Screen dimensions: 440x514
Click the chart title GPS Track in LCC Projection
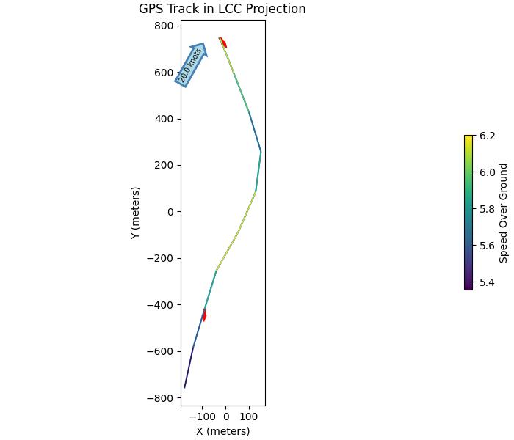(222, 10)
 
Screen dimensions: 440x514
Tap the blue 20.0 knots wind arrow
(191, 64)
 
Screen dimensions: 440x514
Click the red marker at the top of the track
(223, 43)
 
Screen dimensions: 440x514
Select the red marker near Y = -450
(204, 315)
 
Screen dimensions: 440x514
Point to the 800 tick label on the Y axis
(164, 26)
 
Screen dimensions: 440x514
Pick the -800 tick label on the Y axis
(160, 398)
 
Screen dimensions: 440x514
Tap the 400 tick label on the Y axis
(164, 119)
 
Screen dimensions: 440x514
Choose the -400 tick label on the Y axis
(160, 305)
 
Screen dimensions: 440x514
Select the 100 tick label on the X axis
(249, 417)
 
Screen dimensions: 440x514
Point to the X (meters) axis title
(222, 431)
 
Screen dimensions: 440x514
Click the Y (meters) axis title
(136, 213)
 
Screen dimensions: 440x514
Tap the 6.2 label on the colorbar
(488, 136)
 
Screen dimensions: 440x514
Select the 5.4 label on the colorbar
(488, 282)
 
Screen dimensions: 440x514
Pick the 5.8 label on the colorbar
(488, 209)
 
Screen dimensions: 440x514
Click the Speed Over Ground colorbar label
(504, 213)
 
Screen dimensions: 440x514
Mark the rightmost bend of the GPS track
(261, 151)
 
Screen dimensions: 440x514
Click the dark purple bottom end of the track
(184, 387)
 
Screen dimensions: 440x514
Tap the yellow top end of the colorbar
(468, 137)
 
